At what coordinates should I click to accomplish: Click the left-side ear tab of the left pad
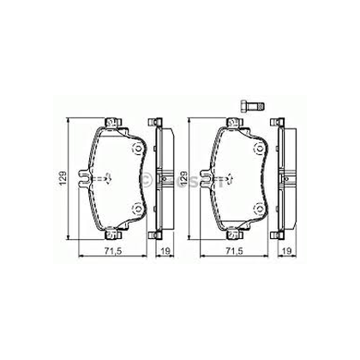[83, 179]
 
